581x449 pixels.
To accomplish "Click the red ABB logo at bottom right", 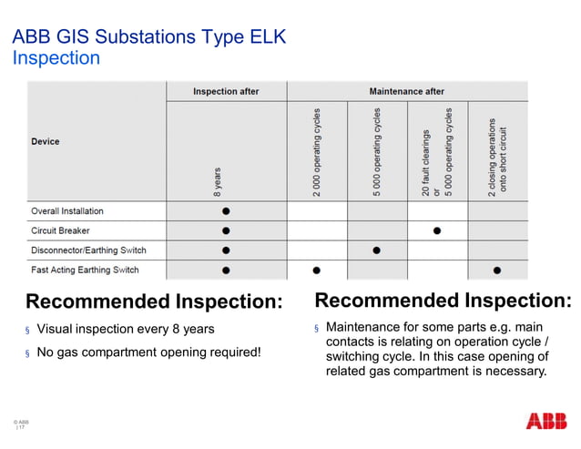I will click(x=545, y=421).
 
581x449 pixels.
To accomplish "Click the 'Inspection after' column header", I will click(x=226, y=91).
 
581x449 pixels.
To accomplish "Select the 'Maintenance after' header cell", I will click(x=406, y=91).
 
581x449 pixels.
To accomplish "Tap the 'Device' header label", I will click(x=46, y=141).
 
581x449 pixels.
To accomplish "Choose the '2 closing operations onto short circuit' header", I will click(x=496, y=156).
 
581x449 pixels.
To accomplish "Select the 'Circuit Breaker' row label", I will click(x=61, y=230).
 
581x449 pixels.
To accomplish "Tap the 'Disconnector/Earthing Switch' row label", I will click(x=88, y=250).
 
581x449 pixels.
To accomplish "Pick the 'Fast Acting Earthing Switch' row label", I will click(x=85, y=270).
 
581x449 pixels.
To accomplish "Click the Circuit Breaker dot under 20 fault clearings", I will click(x=437, y=230).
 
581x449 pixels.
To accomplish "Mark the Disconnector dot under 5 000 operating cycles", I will click(x=376, y=250).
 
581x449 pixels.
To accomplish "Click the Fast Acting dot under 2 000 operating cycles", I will click(x=316, y=270).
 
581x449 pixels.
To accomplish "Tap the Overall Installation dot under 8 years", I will click(x=226, y=210).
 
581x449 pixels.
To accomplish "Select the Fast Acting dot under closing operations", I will click(x=496, y=270).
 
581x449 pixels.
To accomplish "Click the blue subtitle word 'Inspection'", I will click(x=56, y=58).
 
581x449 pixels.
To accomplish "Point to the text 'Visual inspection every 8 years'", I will click(x=126, y=329).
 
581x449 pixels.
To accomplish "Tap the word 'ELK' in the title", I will click(x=265, y=37).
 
